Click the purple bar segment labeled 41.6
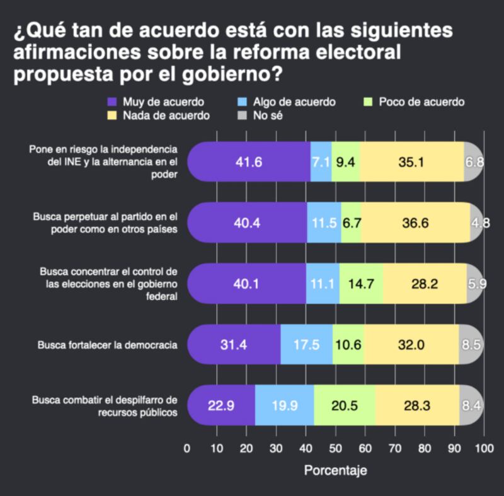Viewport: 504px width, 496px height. point(249,162)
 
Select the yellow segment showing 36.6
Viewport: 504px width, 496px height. point(415,222)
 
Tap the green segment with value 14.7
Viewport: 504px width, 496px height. point(361,283)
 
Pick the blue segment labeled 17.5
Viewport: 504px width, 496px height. point(306,345)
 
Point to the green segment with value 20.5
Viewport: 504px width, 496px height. point(345,405)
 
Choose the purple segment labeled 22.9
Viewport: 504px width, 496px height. point(221,405)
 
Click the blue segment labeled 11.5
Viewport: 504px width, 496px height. point(324,222)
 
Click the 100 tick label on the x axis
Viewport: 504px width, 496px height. point(483,449)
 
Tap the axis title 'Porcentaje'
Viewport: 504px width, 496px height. point(335,470)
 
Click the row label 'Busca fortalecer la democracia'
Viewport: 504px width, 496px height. point(107,345)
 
